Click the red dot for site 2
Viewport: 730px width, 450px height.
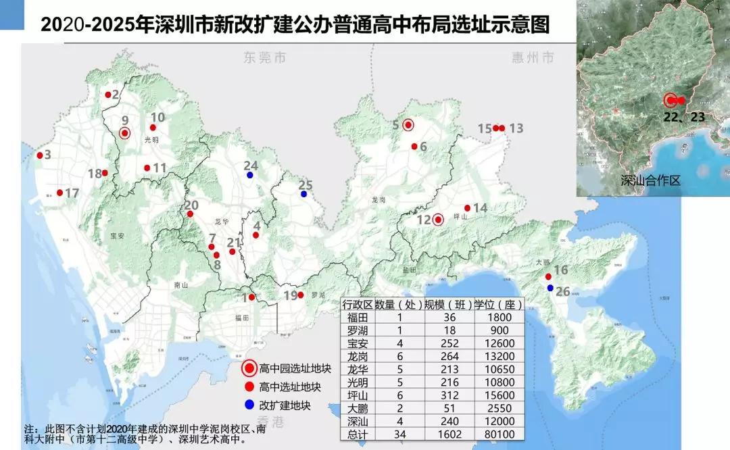[x=108, y=95]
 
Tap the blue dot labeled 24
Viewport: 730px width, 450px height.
[x=250, y=176]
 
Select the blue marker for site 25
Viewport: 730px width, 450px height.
[x=303, y=195]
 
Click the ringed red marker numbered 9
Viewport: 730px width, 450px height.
[x=124, y=133]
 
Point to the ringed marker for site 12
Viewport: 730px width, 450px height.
[x=438, y=219]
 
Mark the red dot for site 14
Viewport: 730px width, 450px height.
[x=467, y=208]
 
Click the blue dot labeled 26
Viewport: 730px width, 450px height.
[x=550, y=289]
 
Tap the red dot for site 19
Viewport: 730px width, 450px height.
[x=301, y=295]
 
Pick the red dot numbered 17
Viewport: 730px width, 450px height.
[x=59, y=193]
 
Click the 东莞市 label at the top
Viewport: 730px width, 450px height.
[x=265, y=58]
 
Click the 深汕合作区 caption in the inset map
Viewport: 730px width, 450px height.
[x=650, y=181]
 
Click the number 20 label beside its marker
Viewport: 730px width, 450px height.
[x=192, y=205]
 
